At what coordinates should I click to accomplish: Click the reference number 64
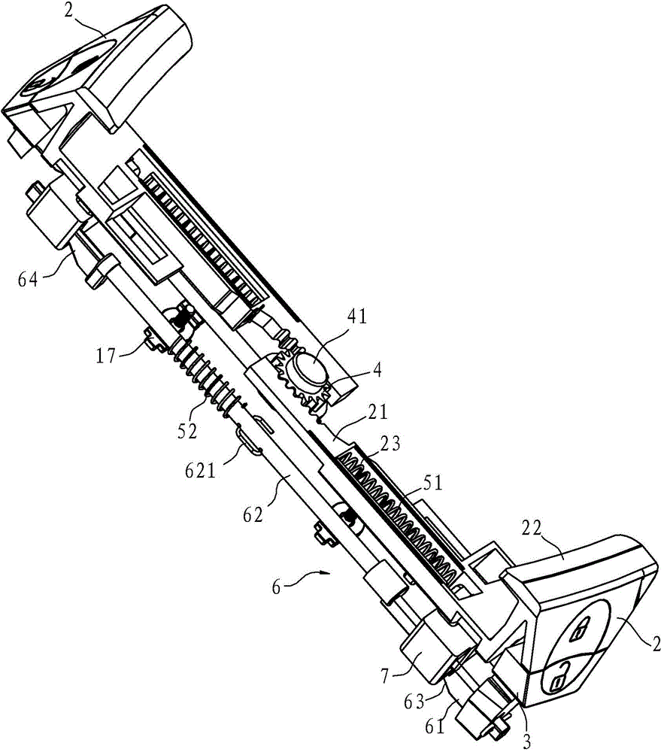click(27, 279)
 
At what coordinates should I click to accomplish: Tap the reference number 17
click(107, 356)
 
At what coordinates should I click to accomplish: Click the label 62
click(253, 515)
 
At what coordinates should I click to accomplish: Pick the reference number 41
click(356, 317)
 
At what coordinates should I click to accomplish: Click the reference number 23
click(390, 443)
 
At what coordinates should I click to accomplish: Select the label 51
click(432, 482)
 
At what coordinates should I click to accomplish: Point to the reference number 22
click(531, 529)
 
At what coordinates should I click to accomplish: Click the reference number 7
click(386, 676)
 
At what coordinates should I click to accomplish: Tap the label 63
click(414, 702)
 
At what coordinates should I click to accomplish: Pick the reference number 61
click(435, 726)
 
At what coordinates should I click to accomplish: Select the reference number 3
click(526, 741)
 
